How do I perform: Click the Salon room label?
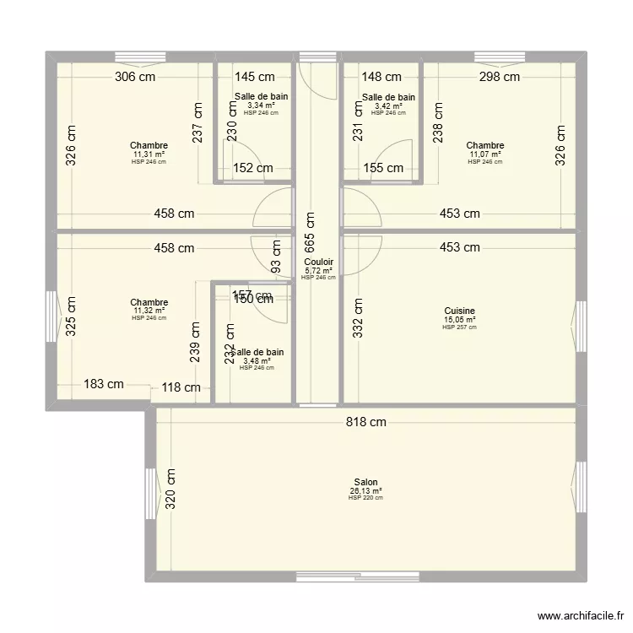(x=365, y=482)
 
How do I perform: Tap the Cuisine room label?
(x=459, y=311)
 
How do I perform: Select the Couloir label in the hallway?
(x=318, y=262)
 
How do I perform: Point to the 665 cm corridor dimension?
(x=310, y=238)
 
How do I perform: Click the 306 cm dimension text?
(x=135, y=77)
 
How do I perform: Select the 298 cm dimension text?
(x=500, y=77)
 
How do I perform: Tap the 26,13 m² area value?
(x=365, y=490)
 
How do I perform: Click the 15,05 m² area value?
(x=459, y=319)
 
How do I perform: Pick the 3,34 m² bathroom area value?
(x=261, y=105)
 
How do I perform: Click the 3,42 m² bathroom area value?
(x=388, y=105)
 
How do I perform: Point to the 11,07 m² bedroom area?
(x=484, y=154)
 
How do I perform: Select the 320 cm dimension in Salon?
(x=170, y=489)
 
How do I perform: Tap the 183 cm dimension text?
(x=104, y=384)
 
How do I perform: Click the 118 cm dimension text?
(x=181, y=388)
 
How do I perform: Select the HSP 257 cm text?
(x=459, y=327)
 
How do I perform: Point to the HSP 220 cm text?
(x=365, y=498)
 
